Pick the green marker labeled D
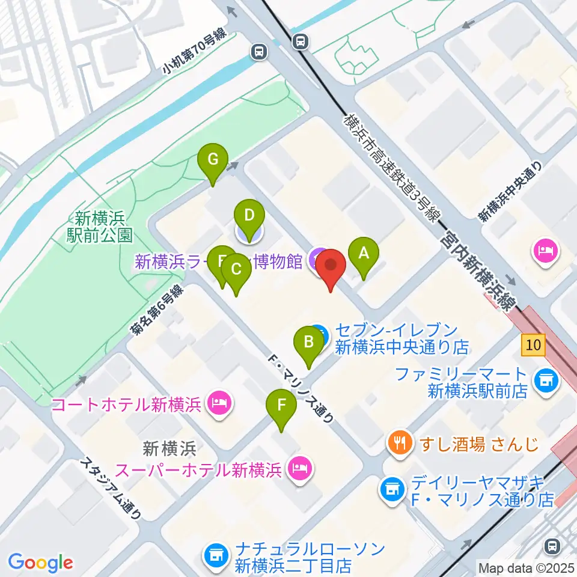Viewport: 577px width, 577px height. tap(249, 215)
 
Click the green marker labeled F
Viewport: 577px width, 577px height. tap(281, 406)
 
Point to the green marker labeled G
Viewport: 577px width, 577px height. tap(212, 160)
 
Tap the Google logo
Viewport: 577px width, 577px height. tap(40, 563)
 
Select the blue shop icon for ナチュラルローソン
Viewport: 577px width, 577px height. tap(215, 554)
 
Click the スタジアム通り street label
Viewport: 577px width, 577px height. tap(112, 490)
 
